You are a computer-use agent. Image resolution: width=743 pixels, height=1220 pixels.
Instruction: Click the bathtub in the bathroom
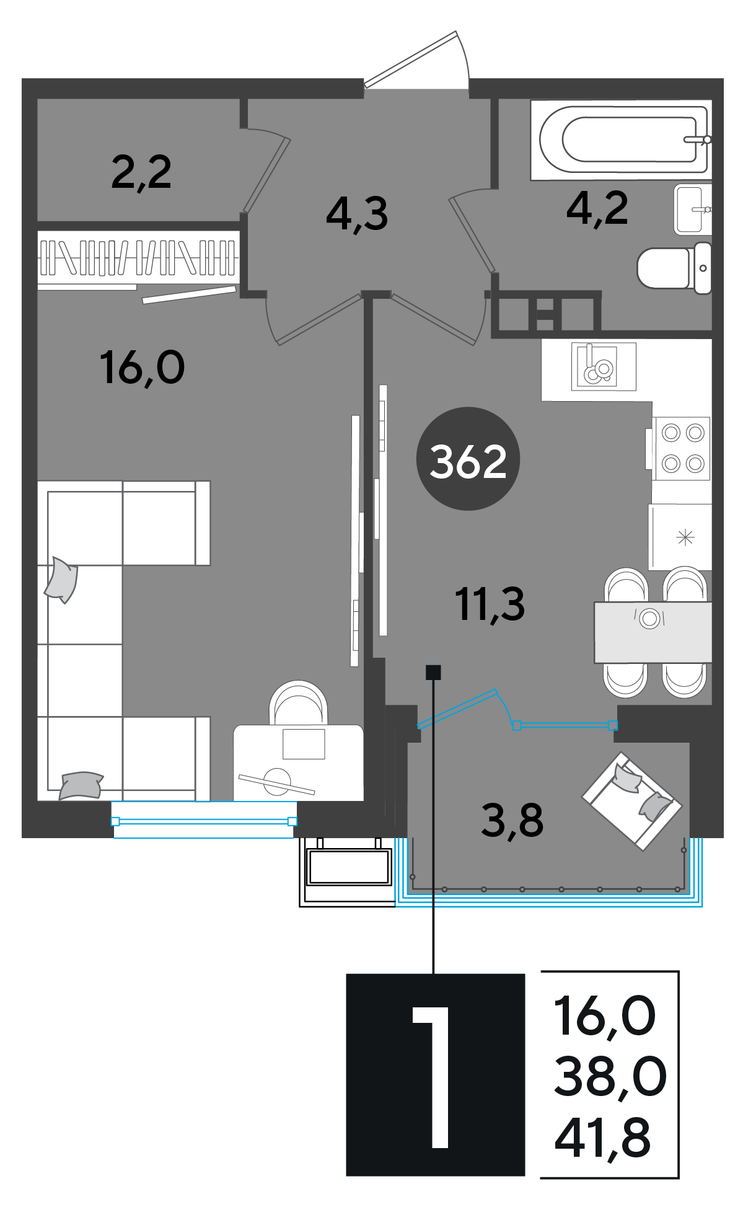tap(621, 139)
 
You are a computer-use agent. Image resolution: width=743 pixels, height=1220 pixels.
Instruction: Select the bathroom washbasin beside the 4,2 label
tap(692, 209)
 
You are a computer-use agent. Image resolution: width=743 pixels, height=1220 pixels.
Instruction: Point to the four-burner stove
tap(682, 448)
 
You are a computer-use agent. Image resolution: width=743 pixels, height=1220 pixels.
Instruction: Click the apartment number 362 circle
tap(468, 459)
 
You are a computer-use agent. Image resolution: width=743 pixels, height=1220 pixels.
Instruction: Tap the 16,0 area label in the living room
tap(142, 368)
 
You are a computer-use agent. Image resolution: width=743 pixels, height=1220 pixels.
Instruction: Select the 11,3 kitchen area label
tap(490, 604)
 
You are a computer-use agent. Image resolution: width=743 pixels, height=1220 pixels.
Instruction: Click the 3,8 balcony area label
tap(512, 820)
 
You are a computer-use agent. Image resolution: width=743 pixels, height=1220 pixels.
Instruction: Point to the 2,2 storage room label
tap(141, 172)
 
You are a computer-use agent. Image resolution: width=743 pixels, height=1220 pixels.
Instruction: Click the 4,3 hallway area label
tap(357, 214)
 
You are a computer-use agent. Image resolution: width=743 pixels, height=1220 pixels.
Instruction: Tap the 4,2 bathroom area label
tap(597, 208)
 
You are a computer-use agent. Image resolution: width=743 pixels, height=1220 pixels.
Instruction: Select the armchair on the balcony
tap(631, 801)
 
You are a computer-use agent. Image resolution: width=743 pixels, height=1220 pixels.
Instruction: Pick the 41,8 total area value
tap(603, 1138)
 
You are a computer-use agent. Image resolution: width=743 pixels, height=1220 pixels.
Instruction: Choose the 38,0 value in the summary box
tap(610, 1077)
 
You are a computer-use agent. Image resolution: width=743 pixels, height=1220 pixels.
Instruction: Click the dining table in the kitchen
tap(653, 632)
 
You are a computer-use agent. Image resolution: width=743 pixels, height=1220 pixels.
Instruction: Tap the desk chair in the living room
tap(298, 703)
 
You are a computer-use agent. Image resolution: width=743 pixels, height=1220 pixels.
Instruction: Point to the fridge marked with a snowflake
tap(680, 537)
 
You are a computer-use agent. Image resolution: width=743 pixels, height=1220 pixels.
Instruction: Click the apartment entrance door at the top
tap(416, 62)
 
